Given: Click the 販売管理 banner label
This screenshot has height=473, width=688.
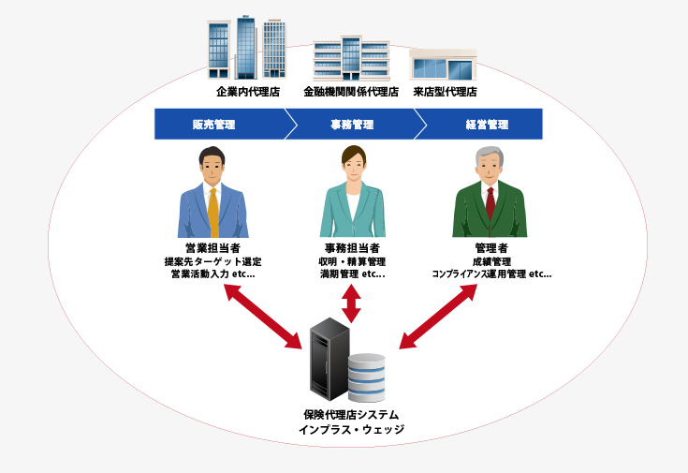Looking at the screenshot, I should click(x=213, y=125).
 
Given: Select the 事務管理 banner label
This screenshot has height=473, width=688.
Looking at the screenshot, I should click(x=351, y=125).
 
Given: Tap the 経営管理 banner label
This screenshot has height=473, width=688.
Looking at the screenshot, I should click(x=486, y=125).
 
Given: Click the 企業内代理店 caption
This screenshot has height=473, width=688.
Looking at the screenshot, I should click(x=248, y=92).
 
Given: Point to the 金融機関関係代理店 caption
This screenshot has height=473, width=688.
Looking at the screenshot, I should click(x=351, y=92).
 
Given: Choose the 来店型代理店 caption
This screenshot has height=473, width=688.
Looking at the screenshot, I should click(x=445, y=92).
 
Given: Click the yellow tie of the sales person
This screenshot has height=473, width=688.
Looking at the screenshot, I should click(x=213, y=212).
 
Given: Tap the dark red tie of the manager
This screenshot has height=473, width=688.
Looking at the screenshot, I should click(x=490, y=202).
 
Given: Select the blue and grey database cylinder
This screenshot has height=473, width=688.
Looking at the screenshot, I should click(x=366, y=377).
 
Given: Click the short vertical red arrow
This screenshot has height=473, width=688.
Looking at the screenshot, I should click(x=351, y=304).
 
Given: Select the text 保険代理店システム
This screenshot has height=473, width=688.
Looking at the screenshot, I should click(x=351, y=414).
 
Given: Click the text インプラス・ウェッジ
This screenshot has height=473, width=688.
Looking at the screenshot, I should click(x=351, y=430).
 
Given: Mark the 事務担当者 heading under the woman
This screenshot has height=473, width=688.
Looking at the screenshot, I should click(x=351, y=248).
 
